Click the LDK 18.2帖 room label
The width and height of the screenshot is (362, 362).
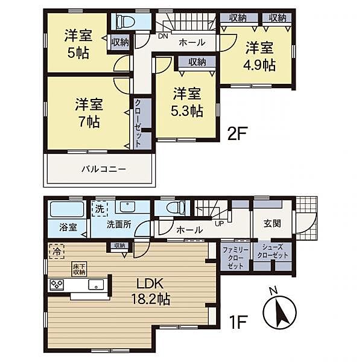pyautogui.click(x=151, y=291)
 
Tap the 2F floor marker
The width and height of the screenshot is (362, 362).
pyautogui.click(x=237, y=133)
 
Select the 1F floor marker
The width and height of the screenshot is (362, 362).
pyautogui.click(x=238, y=322)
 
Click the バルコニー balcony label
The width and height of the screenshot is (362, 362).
pyautogui.click(x=104, y=169)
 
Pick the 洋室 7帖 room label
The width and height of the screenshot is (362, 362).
pyautogui.click(x=89, y=113)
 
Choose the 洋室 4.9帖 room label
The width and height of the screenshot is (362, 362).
pyautogui.click(x=259, y=56)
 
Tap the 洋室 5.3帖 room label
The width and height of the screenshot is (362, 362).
pyautogui.click(x=187, y=102)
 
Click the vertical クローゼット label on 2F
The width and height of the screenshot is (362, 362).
pyautogui.click(x=138, y=124)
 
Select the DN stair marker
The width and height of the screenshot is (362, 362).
pyautogui.click(x=164, y=36)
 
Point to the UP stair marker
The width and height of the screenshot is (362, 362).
pyautogui.click(x=220, y=223)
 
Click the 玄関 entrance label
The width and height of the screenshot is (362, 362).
pyautogui.click(x=272, y=223)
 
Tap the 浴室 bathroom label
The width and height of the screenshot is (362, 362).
pyautogui.click(x=68, y=227)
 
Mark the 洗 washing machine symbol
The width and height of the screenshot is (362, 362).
pyautogui.click(x=100, y=209)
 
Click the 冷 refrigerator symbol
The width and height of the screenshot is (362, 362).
pyautogui.click(x=57, y=251)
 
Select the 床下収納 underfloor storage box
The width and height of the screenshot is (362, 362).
pyautogui.click(x=79, y=269)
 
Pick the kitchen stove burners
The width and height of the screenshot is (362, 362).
pyautogui.click(x=57, y=285)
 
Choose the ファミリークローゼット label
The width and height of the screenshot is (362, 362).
pyautogui.click(x=235, y=258)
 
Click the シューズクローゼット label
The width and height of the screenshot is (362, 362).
pyautogui.click(x=273, y=251)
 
